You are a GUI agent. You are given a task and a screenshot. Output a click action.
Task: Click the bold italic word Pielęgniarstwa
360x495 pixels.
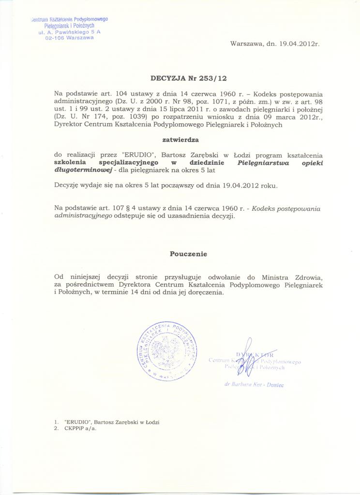tap(264, 163)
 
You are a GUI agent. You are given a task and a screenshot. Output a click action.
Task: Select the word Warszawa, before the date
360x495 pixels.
tap(247, 44)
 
